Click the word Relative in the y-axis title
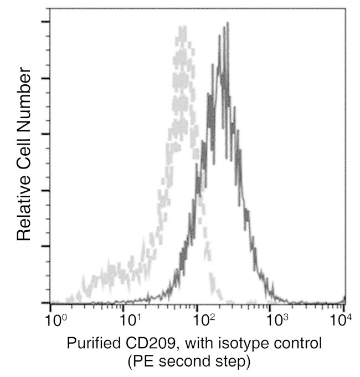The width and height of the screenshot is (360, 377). pyautogui.click(x=23, y=207)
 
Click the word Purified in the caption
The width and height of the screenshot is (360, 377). pyautogui.click(x=92, y=344)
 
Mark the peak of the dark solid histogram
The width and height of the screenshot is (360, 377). pyautogui.click(x=226, y=26)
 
